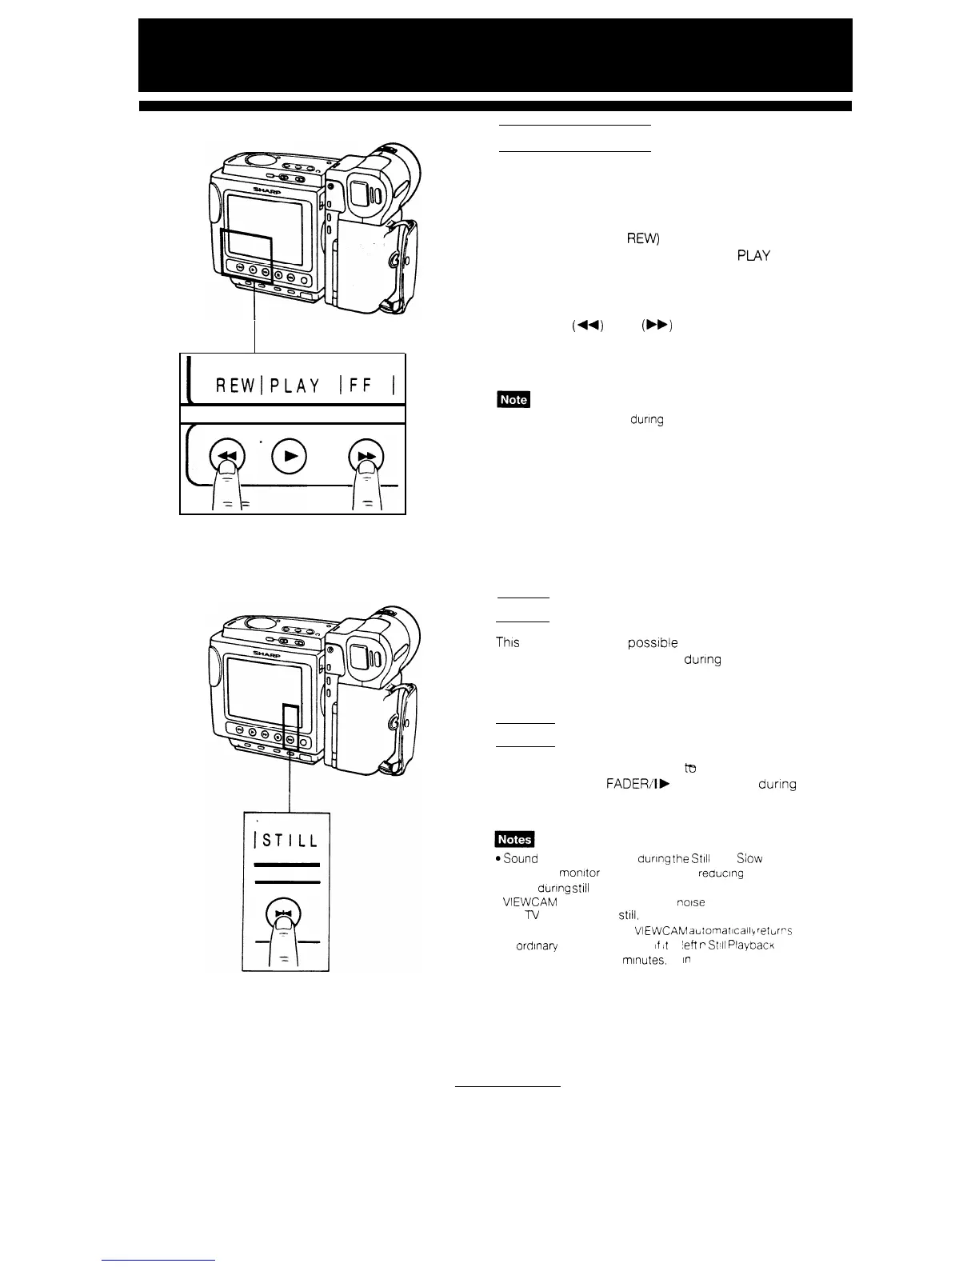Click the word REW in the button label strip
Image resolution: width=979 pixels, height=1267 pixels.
click(237, 386)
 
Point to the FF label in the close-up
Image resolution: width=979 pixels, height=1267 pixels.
click(359, 386)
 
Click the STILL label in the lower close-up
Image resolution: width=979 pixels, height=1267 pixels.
click(288, 841)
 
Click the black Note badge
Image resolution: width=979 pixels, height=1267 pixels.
click(513, 399)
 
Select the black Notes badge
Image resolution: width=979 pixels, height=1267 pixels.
click(516, 839)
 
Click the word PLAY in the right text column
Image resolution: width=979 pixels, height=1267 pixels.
click(754, 257)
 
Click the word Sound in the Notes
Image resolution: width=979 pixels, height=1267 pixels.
click(521, 859)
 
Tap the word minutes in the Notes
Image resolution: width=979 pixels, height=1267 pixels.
click(644, 961)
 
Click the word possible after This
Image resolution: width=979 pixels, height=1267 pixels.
click(653, 643)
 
